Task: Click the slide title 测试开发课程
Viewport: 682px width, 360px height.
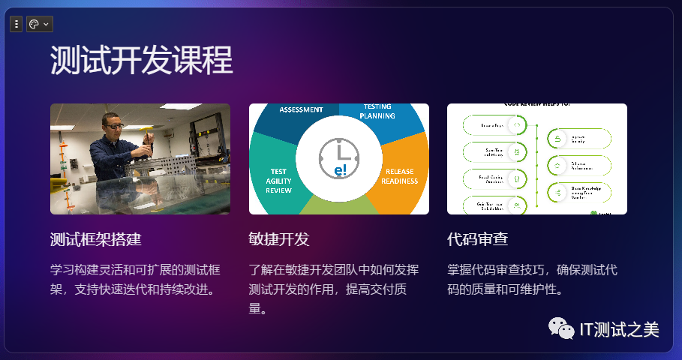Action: tap(142, 60)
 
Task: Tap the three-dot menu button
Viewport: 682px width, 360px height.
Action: tap(17, 25)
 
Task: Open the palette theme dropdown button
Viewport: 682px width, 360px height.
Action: tap(39, 25)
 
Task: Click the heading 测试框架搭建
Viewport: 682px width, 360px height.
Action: tap(96, 240)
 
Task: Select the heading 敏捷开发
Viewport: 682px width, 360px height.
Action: tap(279, 240)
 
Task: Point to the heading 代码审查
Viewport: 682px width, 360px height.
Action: tap(478, 240)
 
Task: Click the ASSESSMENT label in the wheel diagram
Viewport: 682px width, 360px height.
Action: tap(301, 109)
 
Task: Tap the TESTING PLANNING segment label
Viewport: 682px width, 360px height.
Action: tap(377, 112)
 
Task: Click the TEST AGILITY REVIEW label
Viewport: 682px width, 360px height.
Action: tap(278, 181)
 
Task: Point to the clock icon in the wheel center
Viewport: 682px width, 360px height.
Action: tap(338, 158)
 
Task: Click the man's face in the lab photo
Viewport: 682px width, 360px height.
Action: tap(113, 125)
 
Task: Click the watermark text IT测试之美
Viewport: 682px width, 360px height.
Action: tap(620, 328)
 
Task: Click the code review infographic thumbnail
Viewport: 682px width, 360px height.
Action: tap(537, 159)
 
